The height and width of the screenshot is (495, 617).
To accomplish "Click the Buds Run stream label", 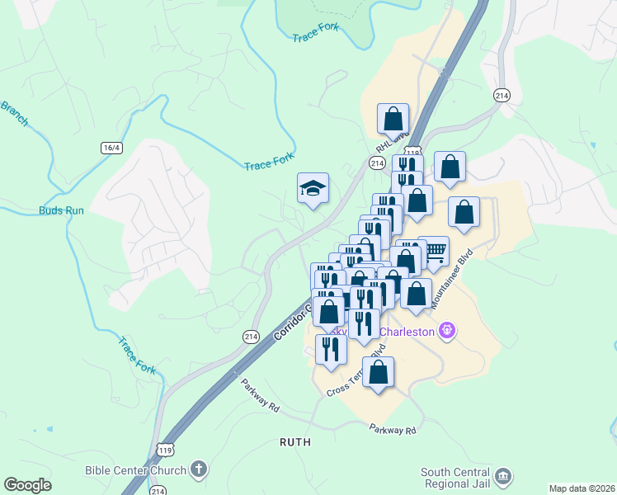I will tap(62, 210).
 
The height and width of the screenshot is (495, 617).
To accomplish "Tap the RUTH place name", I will tap(295, 442).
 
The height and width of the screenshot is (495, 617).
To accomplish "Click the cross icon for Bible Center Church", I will tap(197, 471).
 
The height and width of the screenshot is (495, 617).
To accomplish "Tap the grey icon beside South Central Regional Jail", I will tap(503, 477).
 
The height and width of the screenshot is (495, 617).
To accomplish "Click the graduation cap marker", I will tap(313, 189).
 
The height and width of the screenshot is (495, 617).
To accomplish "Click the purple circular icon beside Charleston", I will tap(448, 332).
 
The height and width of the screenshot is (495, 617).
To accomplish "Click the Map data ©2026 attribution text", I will tap(582, 488).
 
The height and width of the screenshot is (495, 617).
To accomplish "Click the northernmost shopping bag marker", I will tap(393, 119).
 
